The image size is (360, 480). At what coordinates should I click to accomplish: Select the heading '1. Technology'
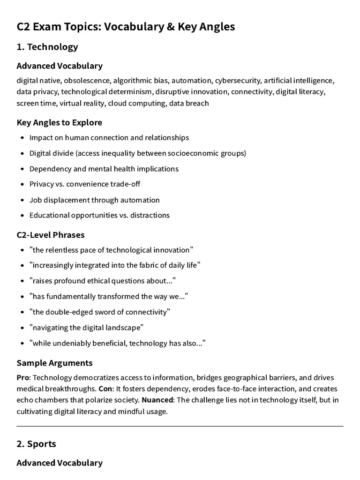(47, 47)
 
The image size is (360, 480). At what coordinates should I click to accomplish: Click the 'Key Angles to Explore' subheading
(60, 122)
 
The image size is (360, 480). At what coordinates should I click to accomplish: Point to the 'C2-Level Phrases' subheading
(51, 234)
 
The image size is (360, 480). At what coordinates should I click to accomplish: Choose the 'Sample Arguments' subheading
(54, 363)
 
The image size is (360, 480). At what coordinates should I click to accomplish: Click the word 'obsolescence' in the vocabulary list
(87, 81)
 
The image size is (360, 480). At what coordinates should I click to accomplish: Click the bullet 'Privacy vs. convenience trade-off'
(85, 184)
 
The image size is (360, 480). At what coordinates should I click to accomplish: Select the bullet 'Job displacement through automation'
(94, 200)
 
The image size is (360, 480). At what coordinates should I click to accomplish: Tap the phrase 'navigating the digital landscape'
(86, 327)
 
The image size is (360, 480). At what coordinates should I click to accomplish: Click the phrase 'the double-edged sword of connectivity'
(99, 312)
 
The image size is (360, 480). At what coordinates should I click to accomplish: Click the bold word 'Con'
(105, 389)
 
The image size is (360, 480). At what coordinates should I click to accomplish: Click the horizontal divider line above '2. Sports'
(180, 426)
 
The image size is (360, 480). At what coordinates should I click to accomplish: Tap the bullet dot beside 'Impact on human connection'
(22, 138)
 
